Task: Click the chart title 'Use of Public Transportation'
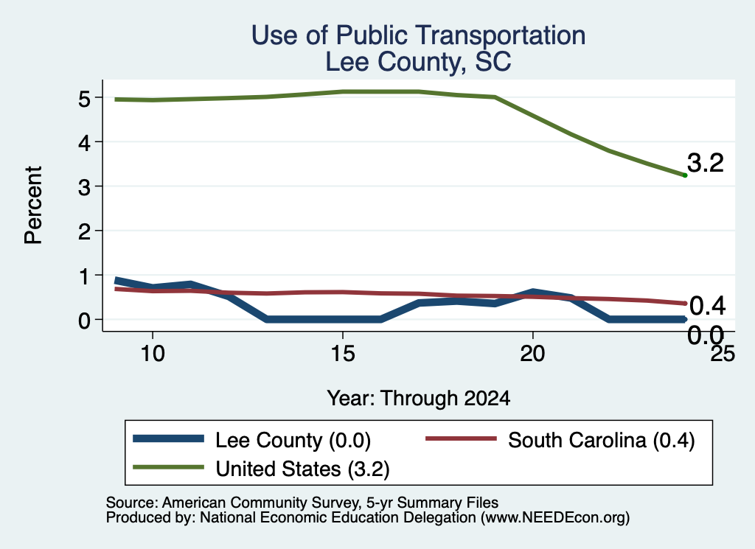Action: pyautogui.click(x=418, y=35)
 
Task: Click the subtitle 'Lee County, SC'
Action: pyautogui.click(x=418, y=62)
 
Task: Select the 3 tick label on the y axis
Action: pyautogui.click(x=84, y=187)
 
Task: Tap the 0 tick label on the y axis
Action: pyautogui.click(x=84, y=321)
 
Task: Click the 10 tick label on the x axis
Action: pyautogui.click(x=153, y=354)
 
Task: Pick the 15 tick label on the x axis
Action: pyautogui.click(x=342, y=354)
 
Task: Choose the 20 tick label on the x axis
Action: pyautogui.click(x=532, y=354)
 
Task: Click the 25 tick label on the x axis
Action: pyautogui.click(x=723, y=354)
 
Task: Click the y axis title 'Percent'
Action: pyautogui.click(x=34, y=206)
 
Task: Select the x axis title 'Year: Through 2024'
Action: pyautogui.click(x=419, y=399)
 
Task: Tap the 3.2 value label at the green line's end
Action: pyautogui.click(x=705, y=163)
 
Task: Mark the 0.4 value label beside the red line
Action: pyautogui.click(x=707, y=306)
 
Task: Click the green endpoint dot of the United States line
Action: pyautogui.click(x=685, y=175)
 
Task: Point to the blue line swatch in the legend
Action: pyautogui.click(x=168, y=438)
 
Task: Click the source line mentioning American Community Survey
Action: pyautogui.click(x=302, y=503)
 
